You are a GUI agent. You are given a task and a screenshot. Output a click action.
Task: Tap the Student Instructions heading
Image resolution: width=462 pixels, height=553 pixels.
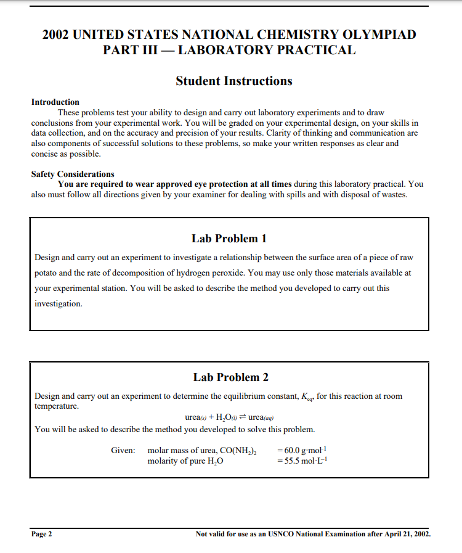pyautogui.click(x=233, y=81)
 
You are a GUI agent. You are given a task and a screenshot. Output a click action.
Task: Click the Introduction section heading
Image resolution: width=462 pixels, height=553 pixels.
pyautogui.click(x=55, y=102)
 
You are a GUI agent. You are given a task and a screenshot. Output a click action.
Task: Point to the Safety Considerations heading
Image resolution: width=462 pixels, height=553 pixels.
pyautogui.click(x=73, y=174)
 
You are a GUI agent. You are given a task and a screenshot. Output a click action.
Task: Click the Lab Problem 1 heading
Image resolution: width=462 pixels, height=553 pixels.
pyautogui.click(x=229, y=239)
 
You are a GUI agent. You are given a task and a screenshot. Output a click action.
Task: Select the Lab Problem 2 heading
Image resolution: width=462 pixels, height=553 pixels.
pyautogui.click(x=230, y=377)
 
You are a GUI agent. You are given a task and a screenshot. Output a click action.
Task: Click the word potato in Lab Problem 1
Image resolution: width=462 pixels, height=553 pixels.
pyautogui.click(x=46, y=272)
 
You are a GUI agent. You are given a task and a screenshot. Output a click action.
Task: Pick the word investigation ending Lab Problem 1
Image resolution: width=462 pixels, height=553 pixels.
pyautogui.click(x=58, y=304)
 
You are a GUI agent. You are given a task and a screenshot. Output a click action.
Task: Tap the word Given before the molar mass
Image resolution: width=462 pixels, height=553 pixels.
pyautogui.click(x=123, y=451)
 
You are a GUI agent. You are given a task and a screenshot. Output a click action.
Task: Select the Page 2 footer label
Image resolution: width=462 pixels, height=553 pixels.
pyautogui.click(x=42, y=534)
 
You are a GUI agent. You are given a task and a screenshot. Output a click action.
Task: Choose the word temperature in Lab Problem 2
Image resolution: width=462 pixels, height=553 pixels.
pyautogui.click(x=57, y=406)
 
